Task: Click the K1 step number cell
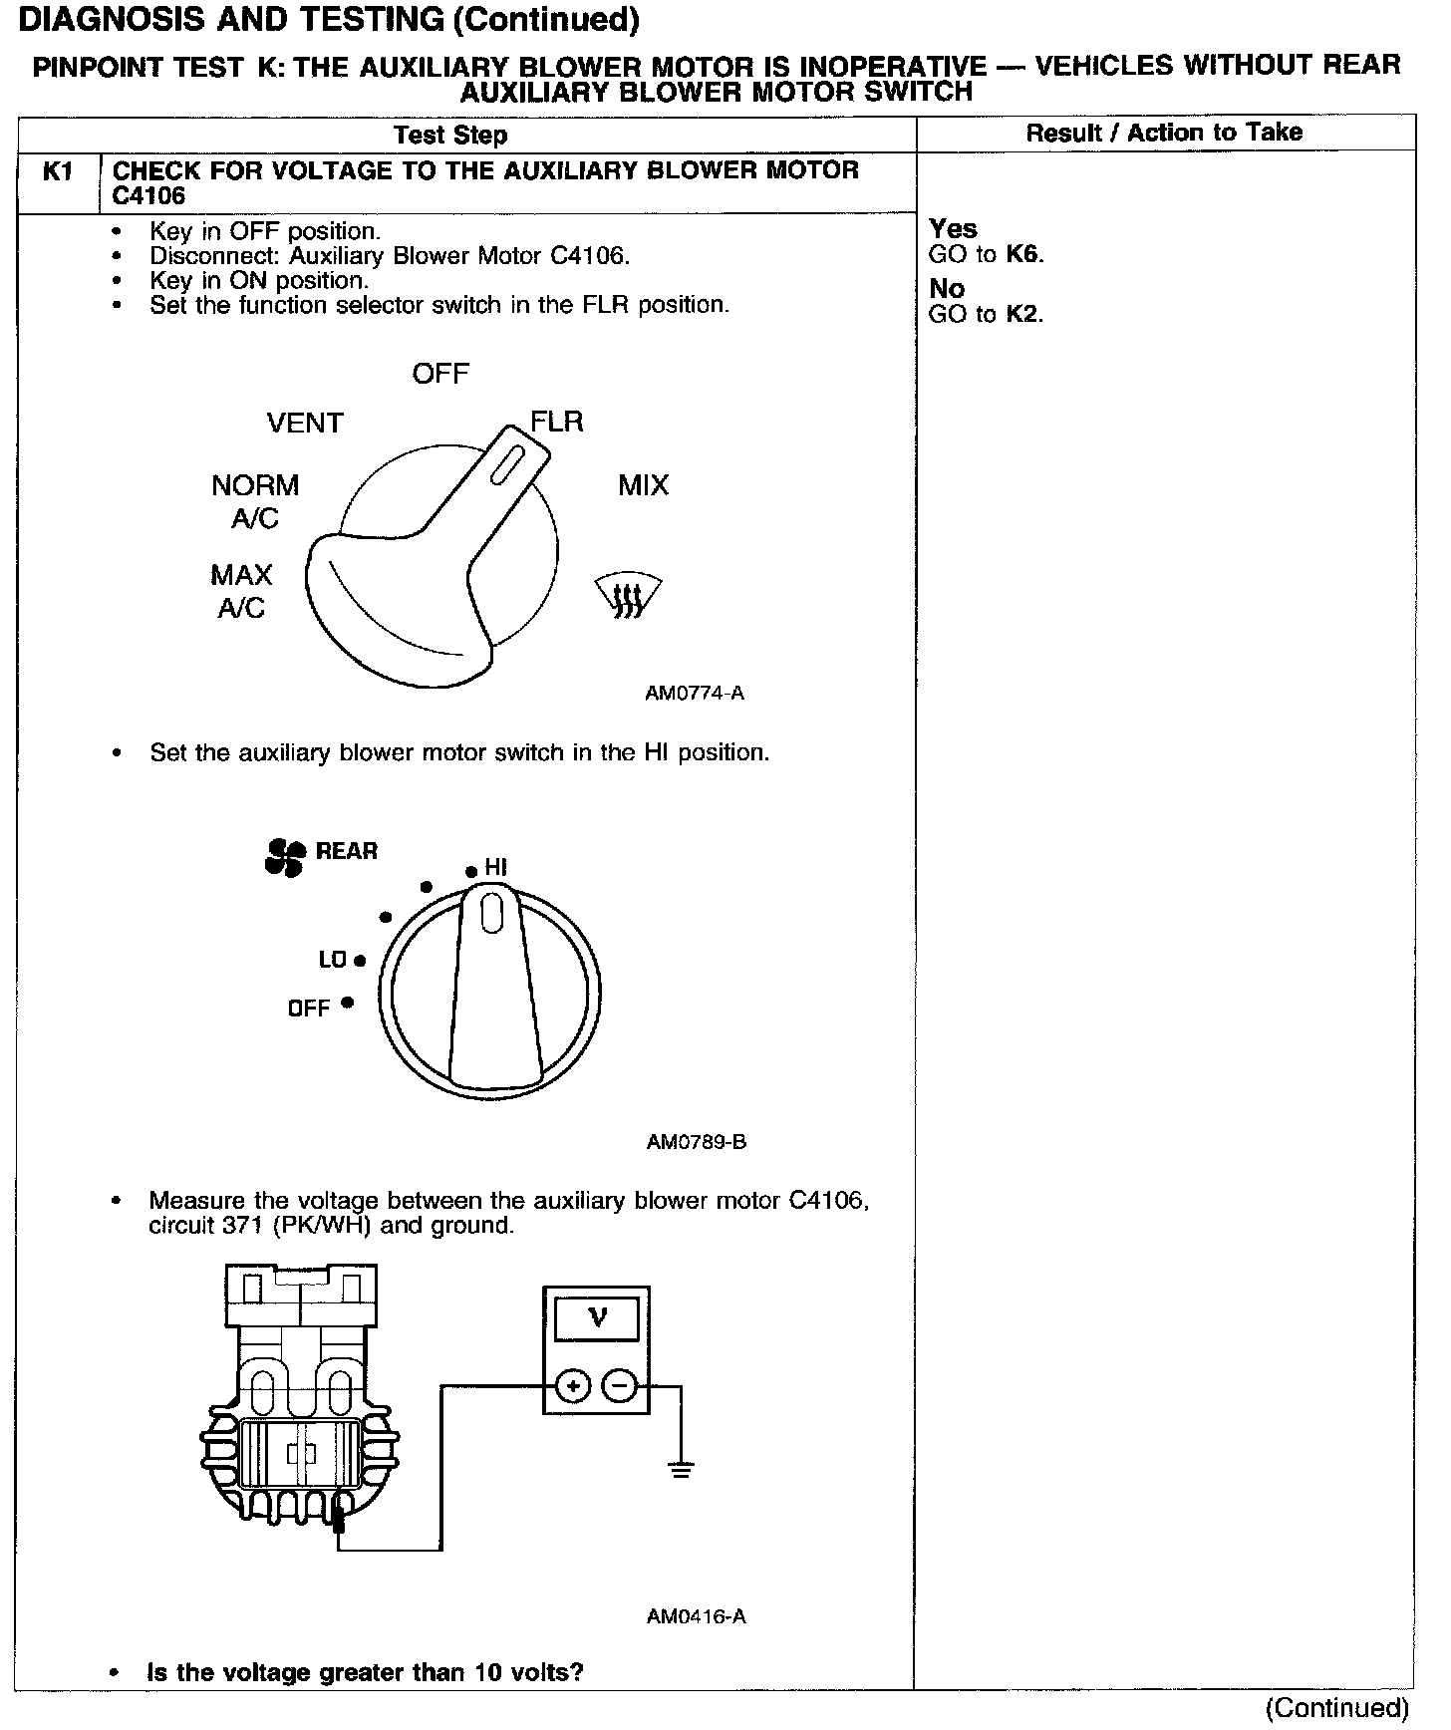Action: click(x=58, y=172)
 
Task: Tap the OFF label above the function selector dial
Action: click(x=440, y=374)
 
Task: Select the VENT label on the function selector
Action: click(x=305, y=424)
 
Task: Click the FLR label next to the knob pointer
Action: click(x=557, y=422)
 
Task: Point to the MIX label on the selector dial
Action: click(x=644, y=485)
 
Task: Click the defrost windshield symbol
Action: click(x=628, y=596)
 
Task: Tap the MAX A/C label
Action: click(x=242, y=591)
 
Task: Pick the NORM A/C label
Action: click(x=255, y=501)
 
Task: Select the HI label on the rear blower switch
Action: click(x=496, y=868)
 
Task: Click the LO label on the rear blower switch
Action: click(x=332, y=960)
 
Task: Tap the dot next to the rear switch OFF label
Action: click(x=347, y=1003)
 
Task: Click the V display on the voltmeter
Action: click(x=597, y=1319)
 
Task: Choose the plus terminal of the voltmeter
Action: click(x=573, y=1386)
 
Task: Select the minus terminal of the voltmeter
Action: click(x=620, y=1386)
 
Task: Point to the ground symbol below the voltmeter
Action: click(x=681, y=1469)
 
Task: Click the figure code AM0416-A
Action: click(x=696, y=1616)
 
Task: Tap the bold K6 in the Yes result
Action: click(x=1023, y=254)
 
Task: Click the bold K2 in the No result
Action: click(x=1023, y=314)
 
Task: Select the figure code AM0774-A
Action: click(x=695, y=694)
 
